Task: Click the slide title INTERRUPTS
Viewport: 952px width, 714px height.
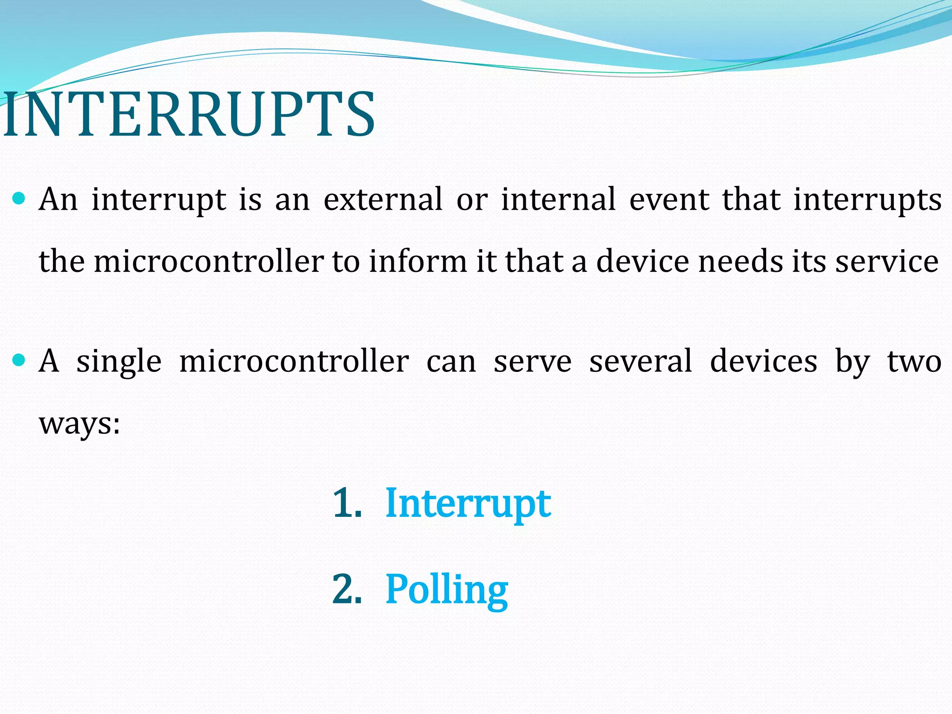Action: (188, 115)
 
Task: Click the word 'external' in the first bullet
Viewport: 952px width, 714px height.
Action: (383, 200)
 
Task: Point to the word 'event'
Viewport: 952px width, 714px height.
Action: (669, 200)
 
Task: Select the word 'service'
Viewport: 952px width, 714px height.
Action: (887, 262)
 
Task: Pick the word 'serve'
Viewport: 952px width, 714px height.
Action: (532, 362)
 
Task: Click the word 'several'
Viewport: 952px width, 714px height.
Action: (641, 362)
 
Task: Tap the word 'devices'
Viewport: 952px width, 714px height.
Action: (763, 362)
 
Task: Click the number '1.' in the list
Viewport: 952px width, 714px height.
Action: (347, 503)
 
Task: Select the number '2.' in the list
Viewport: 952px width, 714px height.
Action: (347, 589)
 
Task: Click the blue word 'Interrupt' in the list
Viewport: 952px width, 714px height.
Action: (468, 504)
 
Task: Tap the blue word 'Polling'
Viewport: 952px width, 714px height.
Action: (446, 590)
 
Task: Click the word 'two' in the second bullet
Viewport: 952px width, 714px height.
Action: (914, 362)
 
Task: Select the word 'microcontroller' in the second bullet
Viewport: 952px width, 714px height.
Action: (294, 362)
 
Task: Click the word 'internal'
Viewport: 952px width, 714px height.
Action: (558, 200)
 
